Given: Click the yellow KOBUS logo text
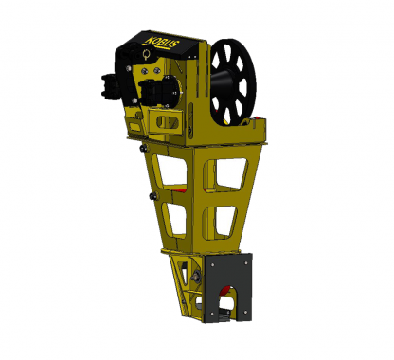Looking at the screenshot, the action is (x=162, y=42).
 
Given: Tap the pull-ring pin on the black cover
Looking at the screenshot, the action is (x=146, y=55).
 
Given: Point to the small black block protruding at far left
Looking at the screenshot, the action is (x=109, y=84).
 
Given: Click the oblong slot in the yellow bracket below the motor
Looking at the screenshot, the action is (x=168, y=122).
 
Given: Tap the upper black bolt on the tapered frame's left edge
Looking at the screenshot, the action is (x=144, y=148).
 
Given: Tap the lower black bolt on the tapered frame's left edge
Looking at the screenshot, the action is (x=153, y=196).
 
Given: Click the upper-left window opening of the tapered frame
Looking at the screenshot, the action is (x=171, y=170).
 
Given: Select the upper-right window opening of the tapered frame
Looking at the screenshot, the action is (x=230, y=173).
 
